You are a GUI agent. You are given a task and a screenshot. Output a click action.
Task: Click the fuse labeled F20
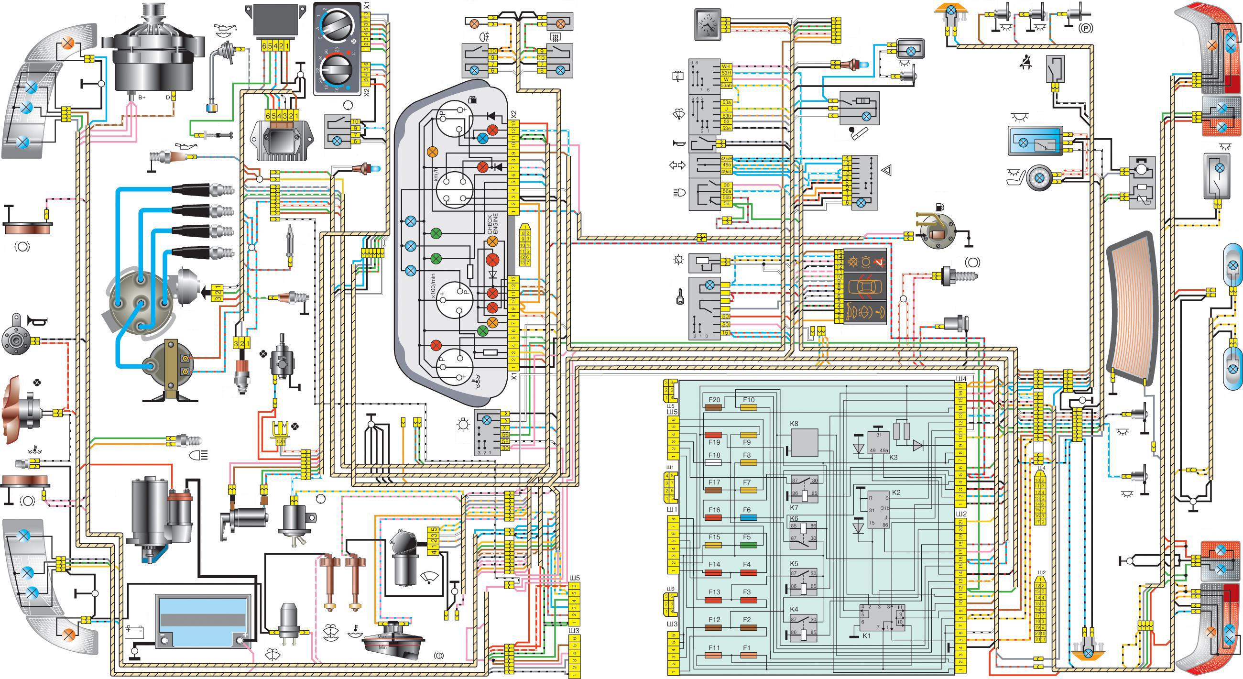(x=714, y=408)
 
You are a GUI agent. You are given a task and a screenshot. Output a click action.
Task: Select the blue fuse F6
(x=748, y=517)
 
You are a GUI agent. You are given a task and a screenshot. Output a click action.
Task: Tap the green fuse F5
(x=748, y=545)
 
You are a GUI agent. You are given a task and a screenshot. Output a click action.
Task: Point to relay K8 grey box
(x=805, y=442)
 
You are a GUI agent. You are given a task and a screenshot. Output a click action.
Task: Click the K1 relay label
(x=867, y=636)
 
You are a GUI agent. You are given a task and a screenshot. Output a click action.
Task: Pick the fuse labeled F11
(x=714, y=656)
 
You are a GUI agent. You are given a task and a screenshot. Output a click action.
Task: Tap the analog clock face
(x=708, y=24)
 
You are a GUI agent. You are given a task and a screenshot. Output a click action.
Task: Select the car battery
(x=203, y=621)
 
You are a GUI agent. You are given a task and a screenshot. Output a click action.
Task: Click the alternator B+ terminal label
(x=142, y=98)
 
